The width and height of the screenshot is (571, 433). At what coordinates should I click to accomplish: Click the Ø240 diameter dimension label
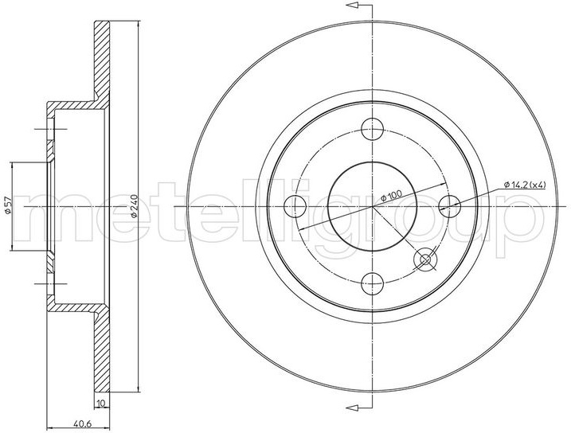coord(134,207)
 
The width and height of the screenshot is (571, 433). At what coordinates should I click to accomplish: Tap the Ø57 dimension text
coord(8,207)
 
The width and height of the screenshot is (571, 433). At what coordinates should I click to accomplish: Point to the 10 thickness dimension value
coord(102,404)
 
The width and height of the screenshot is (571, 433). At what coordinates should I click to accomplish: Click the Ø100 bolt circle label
coord(392,196)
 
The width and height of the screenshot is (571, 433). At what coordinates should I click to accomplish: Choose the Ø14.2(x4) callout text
coord(525,185)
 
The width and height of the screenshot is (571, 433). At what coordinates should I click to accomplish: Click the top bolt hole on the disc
coord(373,129)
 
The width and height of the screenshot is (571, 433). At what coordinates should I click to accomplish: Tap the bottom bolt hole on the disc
coord(373,284)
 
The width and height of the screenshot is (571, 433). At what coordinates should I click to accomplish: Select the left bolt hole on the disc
coord(295,206)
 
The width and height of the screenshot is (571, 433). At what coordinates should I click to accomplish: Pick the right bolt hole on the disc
coord(450,206)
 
